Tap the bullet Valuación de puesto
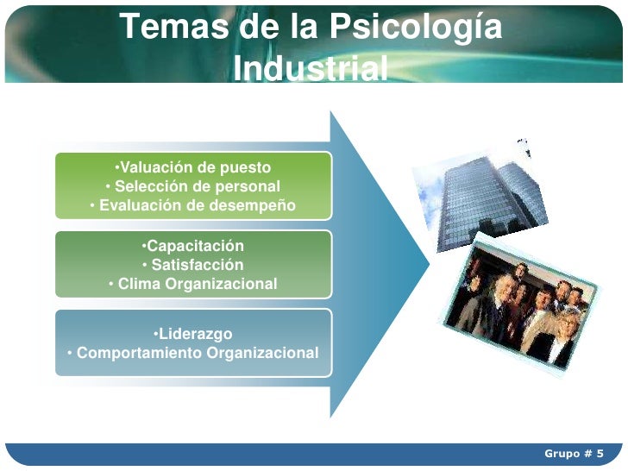click(192, 167)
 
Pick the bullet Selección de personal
click(192, 186)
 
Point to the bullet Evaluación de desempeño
click(192, 205)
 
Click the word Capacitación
click(194, 246)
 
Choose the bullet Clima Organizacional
click(192, 284)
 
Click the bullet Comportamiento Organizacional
click(192, 353)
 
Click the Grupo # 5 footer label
click(573, 454)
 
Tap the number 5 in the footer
click(600, 454)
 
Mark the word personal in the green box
click(248, 186)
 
